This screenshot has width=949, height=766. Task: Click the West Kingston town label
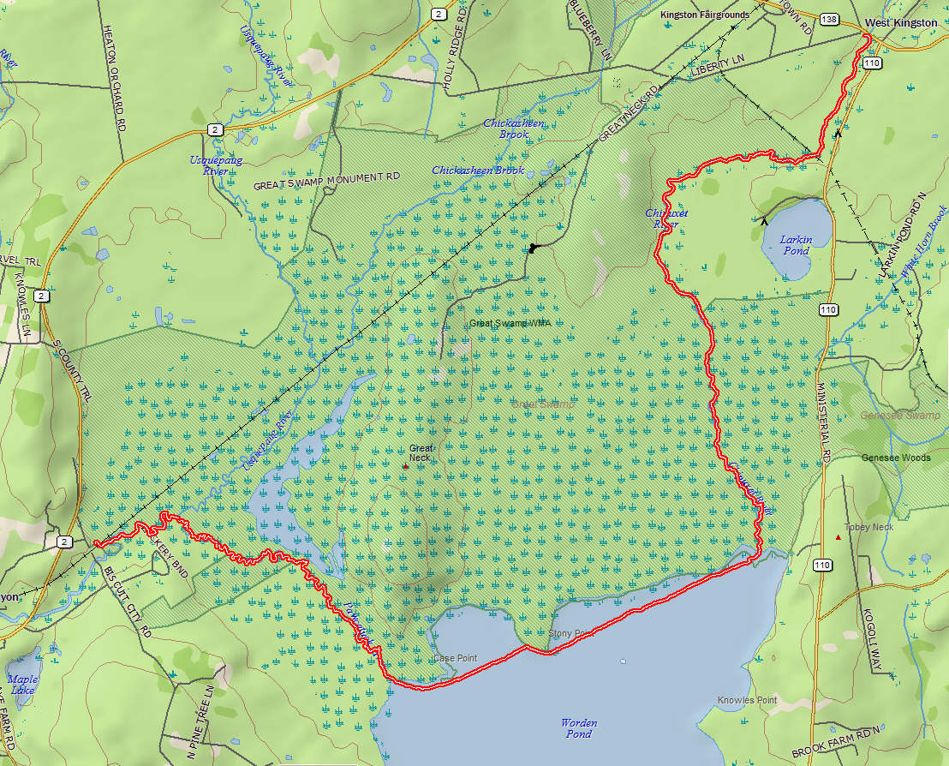(900, 23)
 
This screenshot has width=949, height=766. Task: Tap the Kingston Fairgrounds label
(704, 15)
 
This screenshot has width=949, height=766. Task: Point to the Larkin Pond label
(796, 245)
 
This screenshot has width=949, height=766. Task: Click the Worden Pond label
(578, 727)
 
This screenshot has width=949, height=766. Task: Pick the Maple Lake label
(22, 685)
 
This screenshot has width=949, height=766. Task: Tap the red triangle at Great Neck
(406, 466)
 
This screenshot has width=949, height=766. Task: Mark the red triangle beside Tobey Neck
(838, 537)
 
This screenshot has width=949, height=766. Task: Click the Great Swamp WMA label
(510, 323)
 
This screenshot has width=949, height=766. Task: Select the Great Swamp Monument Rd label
(327, 181)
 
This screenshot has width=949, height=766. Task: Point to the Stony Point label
(570, 633)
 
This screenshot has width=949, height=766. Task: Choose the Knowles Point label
(747, 700)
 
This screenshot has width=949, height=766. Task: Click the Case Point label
(455, 658)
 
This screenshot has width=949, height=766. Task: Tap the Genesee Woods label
(896, 458)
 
